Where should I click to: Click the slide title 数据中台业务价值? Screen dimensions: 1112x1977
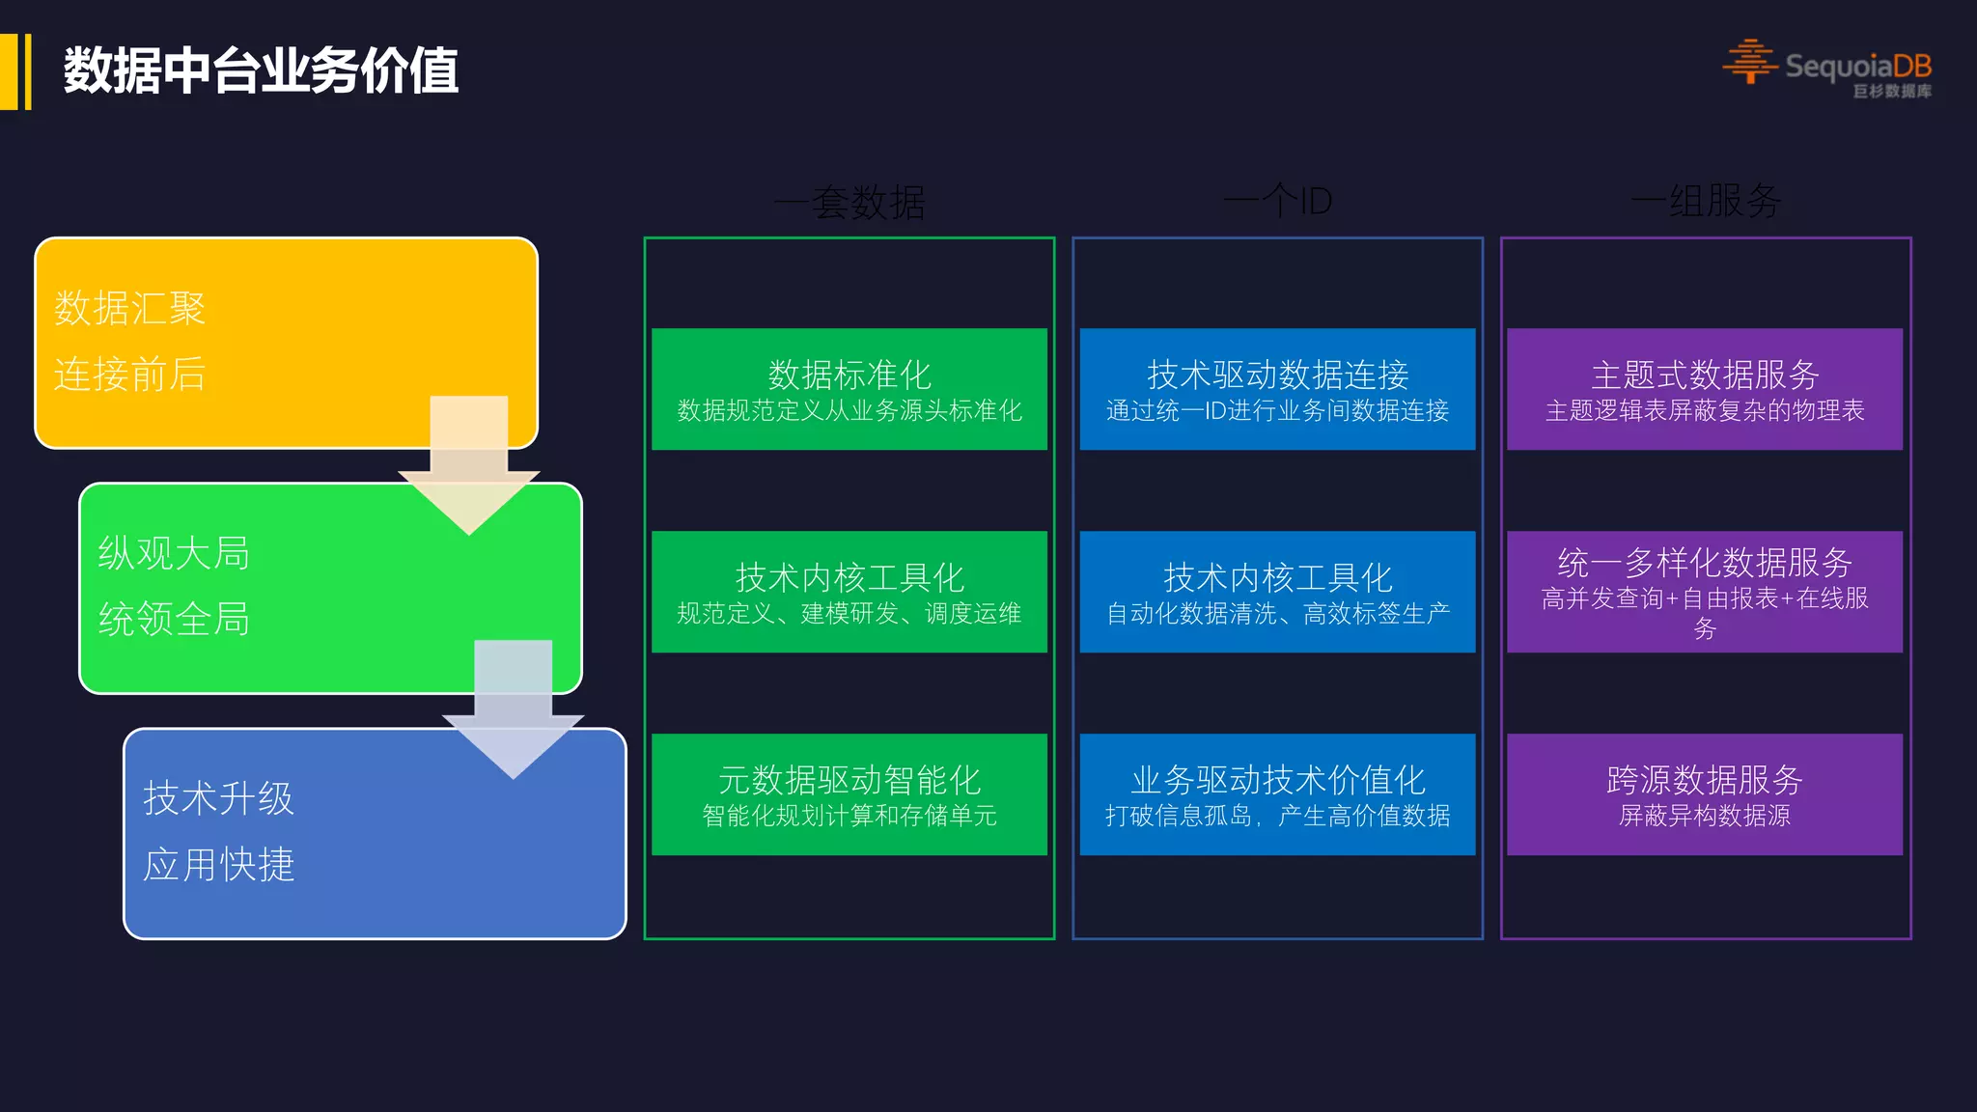[261, 70]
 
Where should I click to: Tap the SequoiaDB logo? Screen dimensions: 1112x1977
[1827, 67]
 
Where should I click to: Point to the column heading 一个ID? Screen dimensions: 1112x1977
[1277, 202]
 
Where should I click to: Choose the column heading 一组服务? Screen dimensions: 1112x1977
[1706, 202]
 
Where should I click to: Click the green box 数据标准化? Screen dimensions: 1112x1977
[849, 388]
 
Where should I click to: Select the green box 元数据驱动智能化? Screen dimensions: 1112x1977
[849, 793]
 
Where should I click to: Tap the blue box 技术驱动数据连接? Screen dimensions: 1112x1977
[1277, 388]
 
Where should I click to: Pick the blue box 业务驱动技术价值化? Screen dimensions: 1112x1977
[1277, 793]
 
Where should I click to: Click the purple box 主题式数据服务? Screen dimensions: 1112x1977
[1705, 388]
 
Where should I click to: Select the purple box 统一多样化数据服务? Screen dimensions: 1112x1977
[1705, 591]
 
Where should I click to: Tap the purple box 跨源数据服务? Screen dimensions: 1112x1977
[1705, 793]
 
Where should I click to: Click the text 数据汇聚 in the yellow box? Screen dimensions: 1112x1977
[129, 309]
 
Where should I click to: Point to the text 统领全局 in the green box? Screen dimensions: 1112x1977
[174, 619]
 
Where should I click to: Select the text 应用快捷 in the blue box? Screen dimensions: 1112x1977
[218, 864]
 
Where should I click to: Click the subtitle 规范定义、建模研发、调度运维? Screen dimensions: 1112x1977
[849, 614]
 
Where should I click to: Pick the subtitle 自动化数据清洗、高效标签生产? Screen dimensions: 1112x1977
[1277, 614]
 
